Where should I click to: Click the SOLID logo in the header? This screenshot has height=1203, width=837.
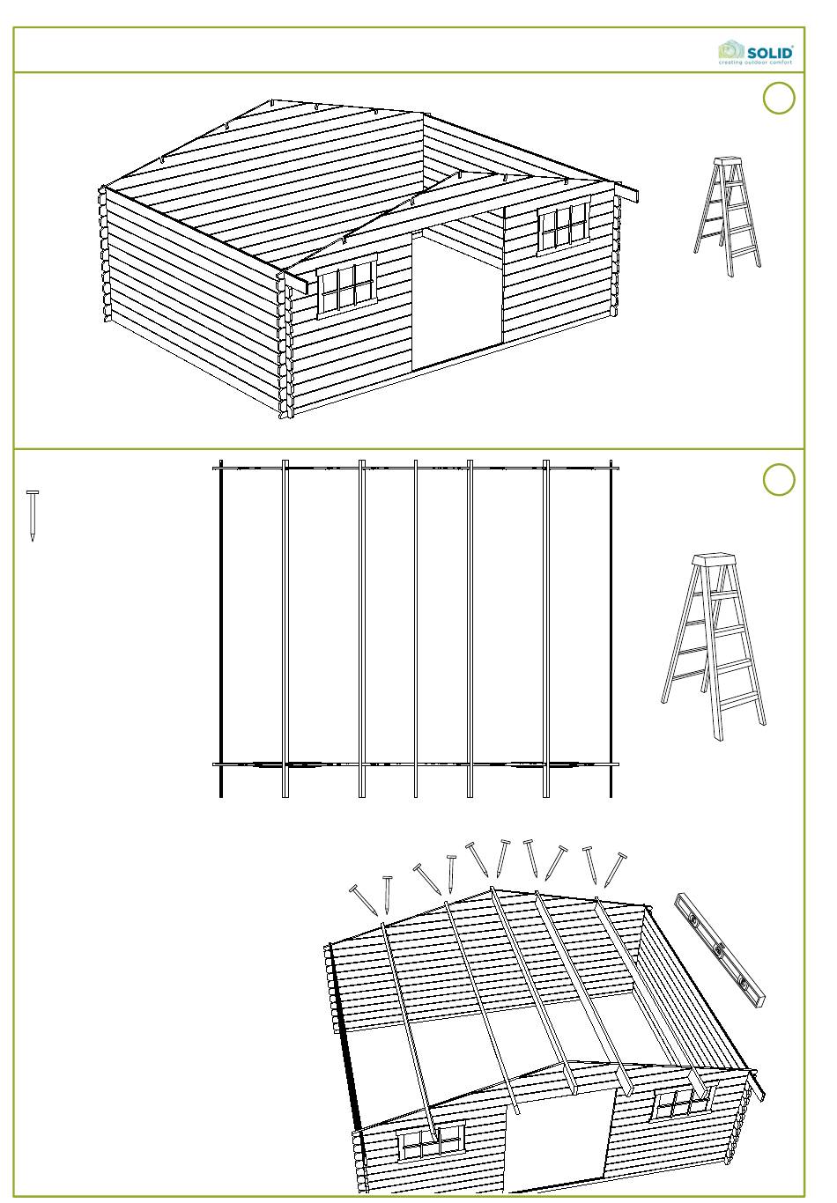click(755, 53)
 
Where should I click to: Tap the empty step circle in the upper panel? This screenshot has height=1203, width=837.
click(779, 98)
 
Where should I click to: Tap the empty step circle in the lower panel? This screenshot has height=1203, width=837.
click(779, 479)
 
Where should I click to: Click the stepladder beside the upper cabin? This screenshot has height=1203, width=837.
click(727, 217)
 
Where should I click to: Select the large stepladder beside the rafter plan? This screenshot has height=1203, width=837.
click(714, 646)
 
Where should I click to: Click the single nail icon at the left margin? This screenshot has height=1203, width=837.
click(33, 515)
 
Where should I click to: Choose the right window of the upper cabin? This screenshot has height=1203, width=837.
click(563, 226)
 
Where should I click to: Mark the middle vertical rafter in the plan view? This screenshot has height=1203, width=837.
click(416, 628)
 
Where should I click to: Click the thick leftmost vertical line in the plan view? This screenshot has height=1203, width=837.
click(221, 628)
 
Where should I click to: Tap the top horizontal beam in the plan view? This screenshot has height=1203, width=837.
click(415, 469)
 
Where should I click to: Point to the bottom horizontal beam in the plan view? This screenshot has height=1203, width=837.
click(415, 764)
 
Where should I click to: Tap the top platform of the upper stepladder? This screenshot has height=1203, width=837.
click(728, 161)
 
